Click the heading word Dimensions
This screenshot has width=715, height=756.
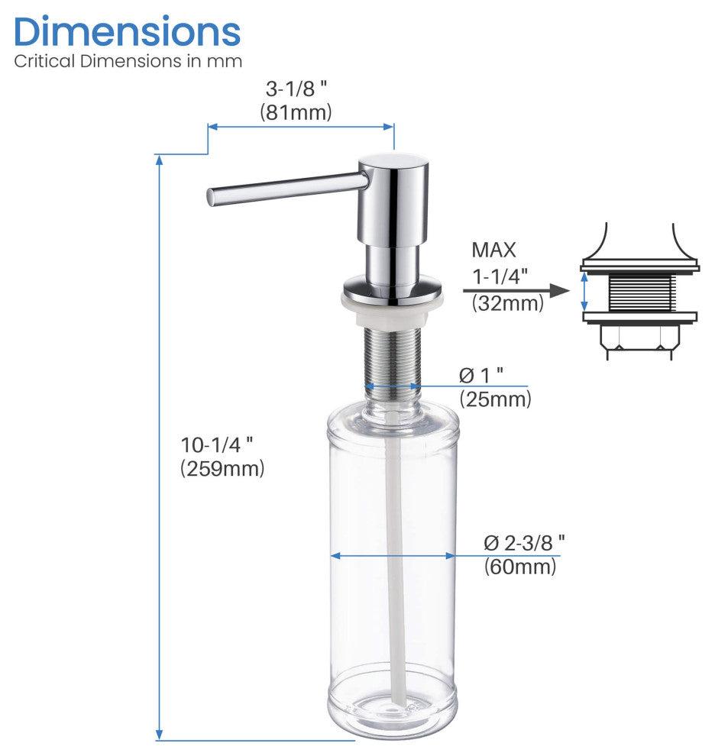128,32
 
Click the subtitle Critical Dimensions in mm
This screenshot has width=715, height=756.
128,61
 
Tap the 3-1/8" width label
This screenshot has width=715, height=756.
296,89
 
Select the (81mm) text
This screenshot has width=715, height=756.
296,111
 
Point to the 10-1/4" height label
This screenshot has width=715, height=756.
217,444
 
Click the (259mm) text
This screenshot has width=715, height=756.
222,468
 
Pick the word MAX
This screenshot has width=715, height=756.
493,250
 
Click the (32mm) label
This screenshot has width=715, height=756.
507,303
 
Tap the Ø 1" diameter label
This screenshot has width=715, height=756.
481,375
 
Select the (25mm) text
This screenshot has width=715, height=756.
496,399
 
